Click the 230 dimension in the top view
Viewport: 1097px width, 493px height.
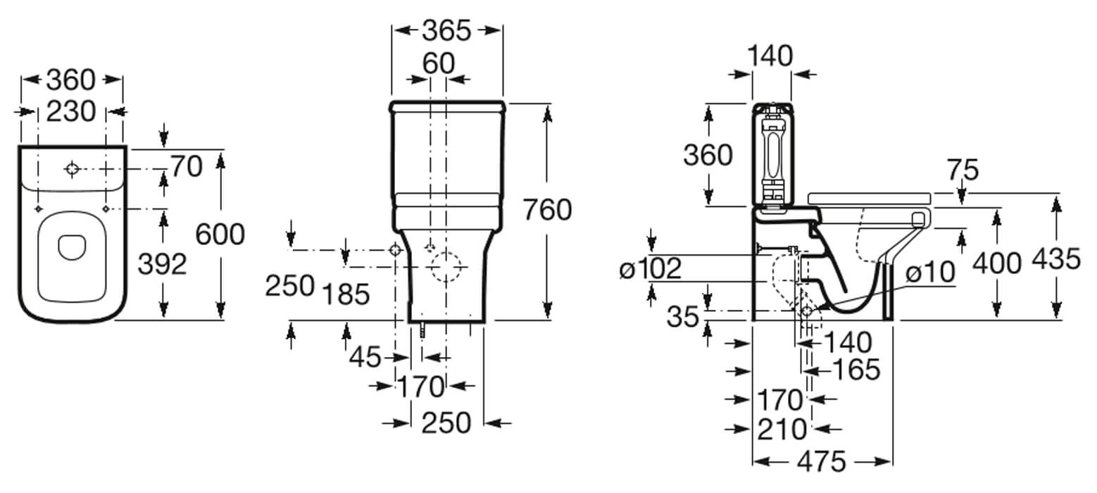(70, 111)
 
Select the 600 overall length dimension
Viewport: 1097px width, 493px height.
(220, 234)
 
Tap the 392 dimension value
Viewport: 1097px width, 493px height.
(162, 264)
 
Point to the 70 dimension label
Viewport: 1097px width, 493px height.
(186, 167)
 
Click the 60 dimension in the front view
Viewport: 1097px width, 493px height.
(438, 63)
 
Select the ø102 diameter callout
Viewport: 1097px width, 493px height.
(651, 268)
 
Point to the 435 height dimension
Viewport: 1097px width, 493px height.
(1055, 259)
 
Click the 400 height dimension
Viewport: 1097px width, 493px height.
(996, 263)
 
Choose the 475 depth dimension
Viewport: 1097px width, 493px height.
(822, 462)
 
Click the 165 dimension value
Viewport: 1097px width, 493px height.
(855, 369)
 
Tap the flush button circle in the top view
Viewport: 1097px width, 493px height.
(72, 169)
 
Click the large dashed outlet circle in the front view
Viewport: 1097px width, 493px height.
(446, 268)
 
